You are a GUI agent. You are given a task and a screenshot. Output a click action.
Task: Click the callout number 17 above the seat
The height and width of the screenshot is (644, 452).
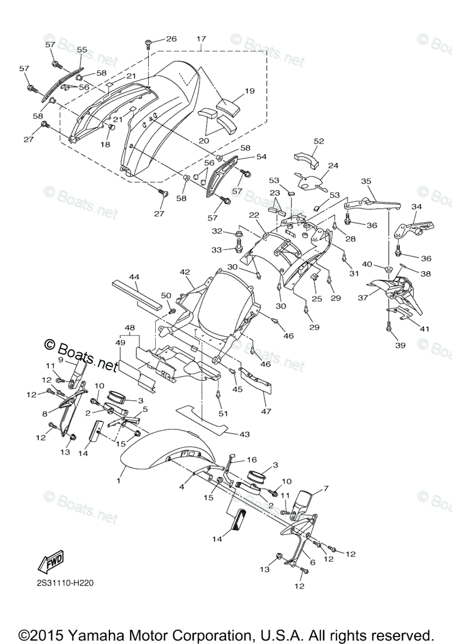click(x=201, y=39)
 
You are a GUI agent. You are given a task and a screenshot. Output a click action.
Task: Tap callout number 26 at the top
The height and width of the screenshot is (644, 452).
click(x=171, y=39)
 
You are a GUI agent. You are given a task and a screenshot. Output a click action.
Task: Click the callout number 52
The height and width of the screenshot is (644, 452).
click(x=319, y=141)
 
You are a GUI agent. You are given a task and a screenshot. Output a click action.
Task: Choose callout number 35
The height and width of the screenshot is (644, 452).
click(x=366, y=181)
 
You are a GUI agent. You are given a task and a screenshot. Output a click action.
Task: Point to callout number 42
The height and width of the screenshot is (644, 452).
click(x=185, y=272)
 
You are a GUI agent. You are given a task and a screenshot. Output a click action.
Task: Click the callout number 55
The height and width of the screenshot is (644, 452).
click(x=82, y=49)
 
